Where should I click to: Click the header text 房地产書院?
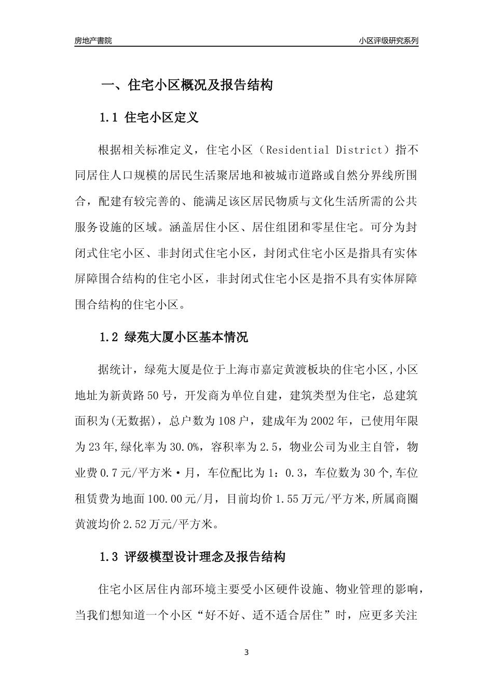93,41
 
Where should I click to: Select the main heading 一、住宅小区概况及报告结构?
186,85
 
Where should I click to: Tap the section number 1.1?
109,117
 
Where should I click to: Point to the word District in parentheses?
357,151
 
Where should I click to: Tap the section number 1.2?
109,337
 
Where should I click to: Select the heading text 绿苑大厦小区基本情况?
186,337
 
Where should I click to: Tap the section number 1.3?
109,557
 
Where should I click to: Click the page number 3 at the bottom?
246,652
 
